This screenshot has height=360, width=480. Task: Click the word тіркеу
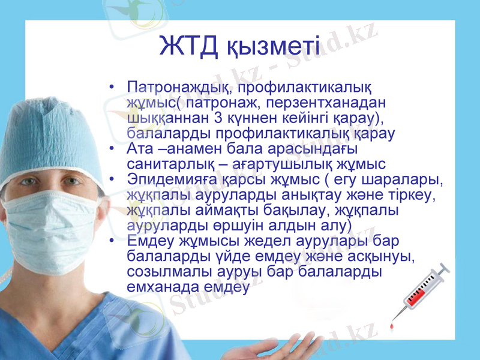tap(415, 194)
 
